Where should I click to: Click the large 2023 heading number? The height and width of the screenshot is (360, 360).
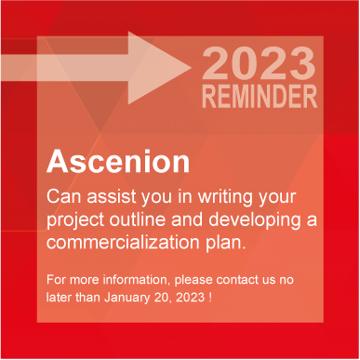(x=259, y=65)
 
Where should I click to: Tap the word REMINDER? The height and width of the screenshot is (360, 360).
(x=260, y=97)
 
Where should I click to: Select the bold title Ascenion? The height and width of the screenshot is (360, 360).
(x=118, y=161)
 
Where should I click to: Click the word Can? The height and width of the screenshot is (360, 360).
(x=63, y=197)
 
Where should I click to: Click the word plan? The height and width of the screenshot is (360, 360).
(x=228, y=244)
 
